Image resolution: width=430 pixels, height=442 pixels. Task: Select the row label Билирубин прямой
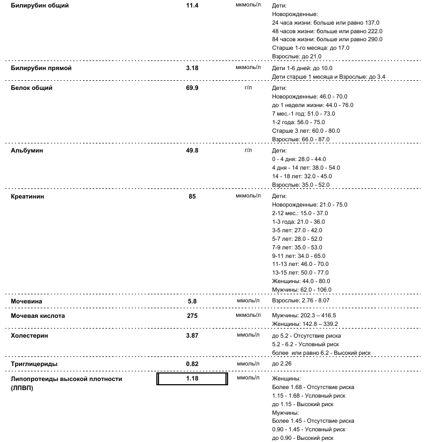tap(41, 68)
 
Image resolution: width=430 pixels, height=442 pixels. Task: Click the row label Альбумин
tap(27, 151)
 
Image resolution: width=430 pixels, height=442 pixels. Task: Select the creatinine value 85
tap(192, 196)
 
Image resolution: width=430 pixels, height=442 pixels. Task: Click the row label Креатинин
tap(28, 196)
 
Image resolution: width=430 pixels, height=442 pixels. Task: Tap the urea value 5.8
tap(192, 301)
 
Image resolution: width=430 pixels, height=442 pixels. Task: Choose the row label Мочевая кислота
tap(38, 316)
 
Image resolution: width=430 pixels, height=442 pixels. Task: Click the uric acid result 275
tap(192, 316)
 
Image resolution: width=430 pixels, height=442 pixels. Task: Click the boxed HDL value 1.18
tap(192, 379)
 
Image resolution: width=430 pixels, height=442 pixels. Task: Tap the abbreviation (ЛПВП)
tap(22, 387)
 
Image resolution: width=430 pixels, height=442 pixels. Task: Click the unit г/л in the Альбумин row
tap(248, 150)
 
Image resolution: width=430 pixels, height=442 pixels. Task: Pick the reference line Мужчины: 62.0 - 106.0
tap(302, 290)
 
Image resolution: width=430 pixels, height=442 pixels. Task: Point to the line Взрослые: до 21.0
tap(297, 57)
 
